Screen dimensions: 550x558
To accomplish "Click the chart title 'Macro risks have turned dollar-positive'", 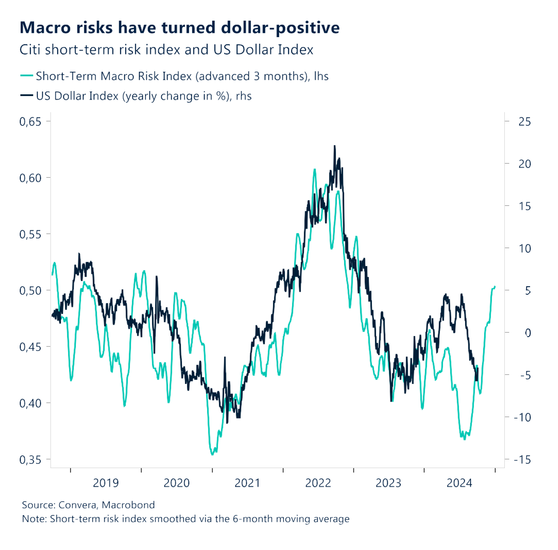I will (180, 28).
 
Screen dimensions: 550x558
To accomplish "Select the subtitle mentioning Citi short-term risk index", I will (166, 50).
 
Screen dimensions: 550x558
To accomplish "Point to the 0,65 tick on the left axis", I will (30, 122).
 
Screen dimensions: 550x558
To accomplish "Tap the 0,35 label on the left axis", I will (30, 460).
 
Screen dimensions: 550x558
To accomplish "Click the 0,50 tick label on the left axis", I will (30, 291).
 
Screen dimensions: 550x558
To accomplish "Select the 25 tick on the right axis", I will (524, 122).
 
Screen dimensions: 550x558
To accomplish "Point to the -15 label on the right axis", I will (522, 460).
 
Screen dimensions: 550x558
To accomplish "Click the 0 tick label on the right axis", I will (528, 333).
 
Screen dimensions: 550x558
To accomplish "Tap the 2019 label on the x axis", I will (106, 483).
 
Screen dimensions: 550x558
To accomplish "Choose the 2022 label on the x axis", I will (318, 483).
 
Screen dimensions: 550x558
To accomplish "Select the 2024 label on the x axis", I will (459, 483).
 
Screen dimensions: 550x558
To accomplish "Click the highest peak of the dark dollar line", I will (335, 146).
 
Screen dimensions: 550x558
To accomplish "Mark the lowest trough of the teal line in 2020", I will (212, 454).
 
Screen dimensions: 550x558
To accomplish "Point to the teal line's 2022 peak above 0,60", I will (314, 169).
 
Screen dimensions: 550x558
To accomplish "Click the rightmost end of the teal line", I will (495, 287).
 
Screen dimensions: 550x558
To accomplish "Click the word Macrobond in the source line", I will (128, 505).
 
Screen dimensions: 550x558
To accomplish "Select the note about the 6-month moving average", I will (186, 519).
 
